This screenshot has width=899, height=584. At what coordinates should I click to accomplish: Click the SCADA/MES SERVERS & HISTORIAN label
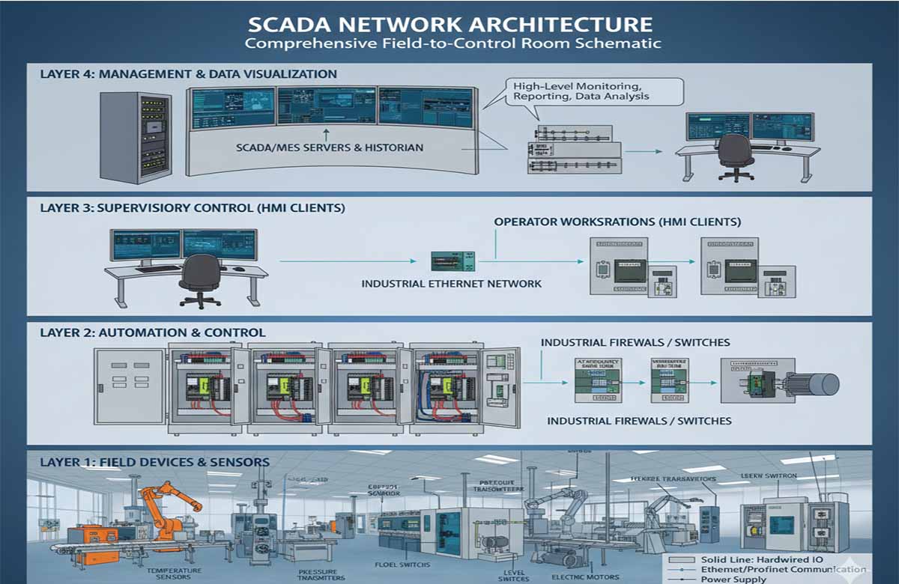pos(329,147)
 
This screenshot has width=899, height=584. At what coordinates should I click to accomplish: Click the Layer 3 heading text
pos(193,209)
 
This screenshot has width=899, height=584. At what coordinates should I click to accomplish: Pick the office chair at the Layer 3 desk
pos(201,279)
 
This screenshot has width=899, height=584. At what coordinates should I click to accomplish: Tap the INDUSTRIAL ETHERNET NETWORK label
pos(451,284)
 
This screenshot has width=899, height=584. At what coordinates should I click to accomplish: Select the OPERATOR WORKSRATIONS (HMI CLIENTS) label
pos(617,222)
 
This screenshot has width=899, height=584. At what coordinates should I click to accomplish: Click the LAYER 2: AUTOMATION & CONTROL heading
pos(153,332)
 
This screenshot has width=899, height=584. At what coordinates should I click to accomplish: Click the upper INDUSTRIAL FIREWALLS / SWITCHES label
pos(635,342)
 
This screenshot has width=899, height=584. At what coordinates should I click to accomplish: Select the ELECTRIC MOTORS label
pos(585,577)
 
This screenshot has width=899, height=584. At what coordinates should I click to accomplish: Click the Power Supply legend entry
pos(733,580)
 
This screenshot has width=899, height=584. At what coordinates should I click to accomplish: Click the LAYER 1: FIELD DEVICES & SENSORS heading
pos(154,462)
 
